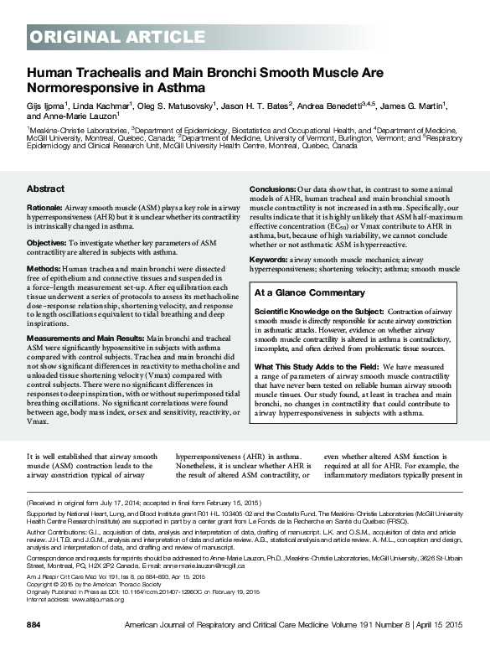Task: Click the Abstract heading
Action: point(45,189)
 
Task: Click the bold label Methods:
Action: point(43,268)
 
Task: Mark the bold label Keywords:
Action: point(269,260)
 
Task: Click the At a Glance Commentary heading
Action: point(309,293)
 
